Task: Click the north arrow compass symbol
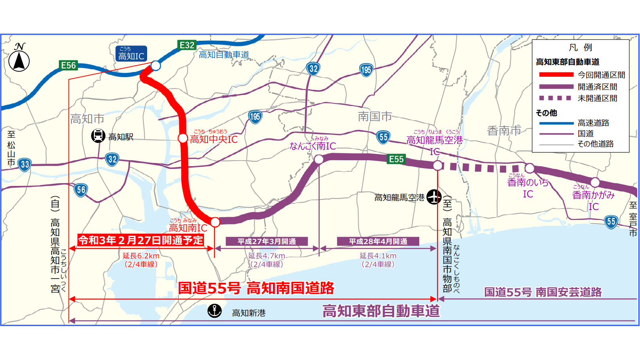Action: coord(19,59)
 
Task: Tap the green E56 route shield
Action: coord(68,65)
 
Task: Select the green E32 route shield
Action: coord(187,45)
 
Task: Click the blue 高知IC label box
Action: coord(131,54)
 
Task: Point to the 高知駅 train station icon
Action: coord(98,136)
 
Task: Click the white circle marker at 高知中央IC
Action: coord(183,138)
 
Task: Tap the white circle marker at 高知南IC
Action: coord(215,222)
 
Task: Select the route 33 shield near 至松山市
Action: coord(25,165)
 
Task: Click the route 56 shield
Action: coord(81,190)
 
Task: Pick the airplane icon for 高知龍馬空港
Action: coord(434,197)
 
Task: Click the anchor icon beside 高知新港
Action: coord(215,311)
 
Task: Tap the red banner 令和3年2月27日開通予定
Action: coord(140,240)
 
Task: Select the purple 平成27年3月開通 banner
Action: coord(267,241)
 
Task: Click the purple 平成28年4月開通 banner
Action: coord(378,241)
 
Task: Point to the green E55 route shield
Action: coord(396,159)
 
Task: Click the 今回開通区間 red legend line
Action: coord(556,74)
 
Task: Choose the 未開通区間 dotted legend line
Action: coord(556,98)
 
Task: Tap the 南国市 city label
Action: coord(375,116)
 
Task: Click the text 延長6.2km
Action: coord(141,256)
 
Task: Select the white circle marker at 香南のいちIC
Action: coord(529,168)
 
